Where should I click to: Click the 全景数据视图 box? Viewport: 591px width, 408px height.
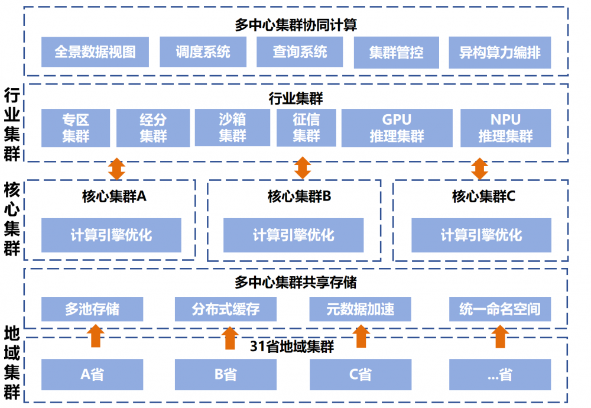tap(95, 52)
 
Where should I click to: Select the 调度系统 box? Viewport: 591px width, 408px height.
tap(203, 52)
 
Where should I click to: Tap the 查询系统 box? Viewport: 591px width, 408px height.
tap(300, 52)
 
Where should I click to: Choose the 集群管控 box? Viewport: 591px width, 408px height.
tap(397, 52)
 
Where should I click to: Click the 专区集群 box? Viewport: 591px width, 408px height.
tap(76, 128)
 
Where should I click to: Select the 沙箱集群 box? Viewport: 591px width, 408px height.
tap(232, 128)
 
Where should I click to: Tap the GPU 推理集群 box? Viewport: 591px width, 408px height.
tap(397, 128)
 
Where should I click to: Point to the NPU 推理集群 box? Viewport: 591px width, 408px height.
tap(505, 128)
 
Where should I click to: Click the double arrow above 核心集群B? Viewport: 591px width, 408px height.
tap(303, 168)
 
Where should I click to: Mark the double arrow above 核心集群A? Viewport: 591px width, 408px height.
tap(116, 168)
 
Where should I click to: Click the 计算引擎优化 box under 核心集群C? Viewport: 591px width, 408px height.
tap(481, 235)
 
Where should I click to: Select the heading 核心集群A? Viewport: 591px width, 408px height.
tap(113, 196)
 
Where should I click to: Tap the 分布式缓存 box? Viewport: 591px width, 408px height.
tap(226, 309)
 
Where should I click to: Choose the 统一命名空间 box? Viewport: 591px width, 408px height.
tap(500, 309)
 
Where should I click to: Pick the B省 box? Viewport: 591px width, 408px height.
tap(226, 374)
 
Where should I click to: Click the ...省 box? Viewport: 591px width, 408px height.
tap(500, 374)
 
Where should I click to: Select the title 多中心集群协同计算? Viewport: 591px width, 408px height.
tap(295, 25)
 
